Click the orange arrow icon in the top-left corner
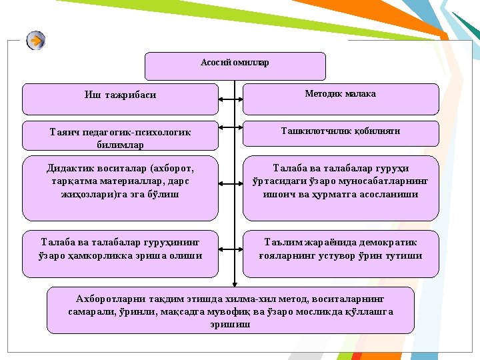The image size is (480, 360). click(x=36, y=41)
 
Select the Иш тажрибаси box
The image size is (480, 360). click(x=120, y=99)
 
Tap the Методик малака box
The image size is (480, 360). click(x=341, y=99)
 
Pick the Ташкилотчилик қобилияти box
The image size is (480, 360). click(x=341, y=133)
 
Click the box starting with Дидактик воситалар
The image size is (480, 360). click(x=120, y=188)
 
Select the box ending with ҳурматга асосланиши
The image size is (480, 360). click(x=341, y=188)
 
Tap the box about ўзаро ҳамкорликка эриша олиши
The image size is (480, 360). click(x=120, y=254)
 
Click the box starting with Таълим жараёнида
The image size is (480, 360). click(x=341, y=254)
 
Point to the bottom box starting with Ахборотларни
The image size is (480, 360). click(x=230, y=310)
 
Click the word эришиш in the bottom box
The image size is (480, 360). click(x=230, y=325)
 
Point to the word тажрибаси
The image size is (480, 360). click(x=130, y=95)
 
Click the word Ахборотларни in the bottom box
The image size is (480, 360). click(x=111, y=298)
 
